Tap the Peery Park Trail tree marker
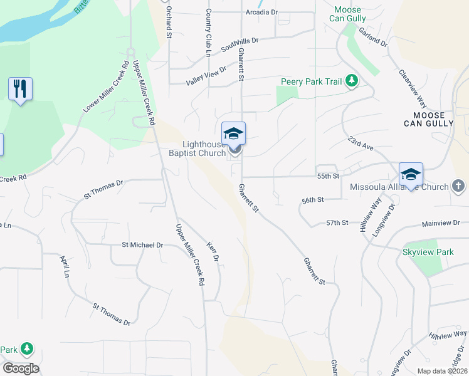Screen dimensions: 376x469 tap(352, 81)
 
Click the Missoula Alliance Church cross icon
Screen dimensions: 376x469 tap(458, 186)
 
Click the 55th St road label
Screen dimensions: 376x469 tap(328, 177)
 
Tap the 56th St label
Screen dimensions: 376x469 tap(312, 200)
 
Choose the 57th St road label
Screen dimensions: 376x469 tap(337, 223)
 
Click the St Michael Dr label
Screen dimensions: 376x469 tap(142, 245)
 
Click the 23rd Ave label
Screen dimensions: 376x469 tap(362, 145)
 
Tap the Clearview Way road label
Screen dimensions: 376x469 tap(413, 89)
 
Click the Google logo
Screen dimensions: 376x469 tap(21, 368)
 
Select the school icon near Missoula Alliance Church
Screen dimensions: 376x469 tap(411, 174)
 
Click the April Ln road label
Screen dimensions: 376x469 tap(63, 266)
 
